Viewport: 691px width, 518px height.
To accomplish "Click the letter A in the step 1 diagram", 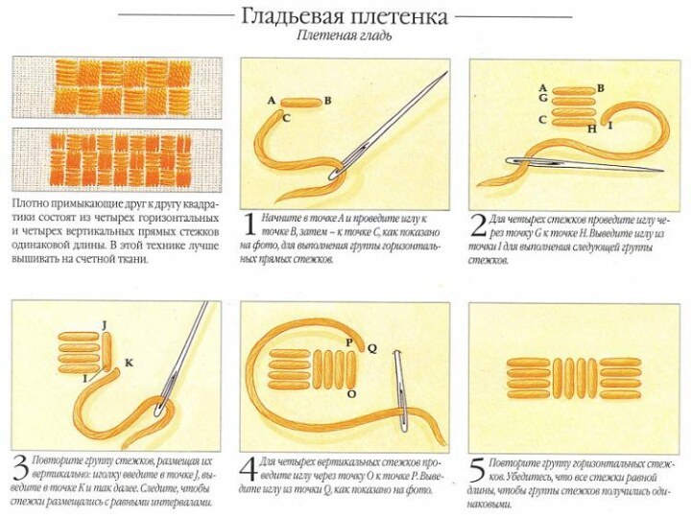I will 272,100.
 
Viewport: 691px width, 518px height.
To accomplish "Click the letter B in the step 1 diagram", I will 327,100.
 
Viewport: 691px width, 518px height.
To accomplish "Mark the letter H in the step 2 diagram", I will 591,129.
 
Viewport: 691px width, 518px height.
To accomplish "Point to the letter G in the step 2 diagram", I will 542,98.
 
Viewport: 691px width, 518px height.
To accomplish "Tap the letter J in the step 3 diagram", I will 103,325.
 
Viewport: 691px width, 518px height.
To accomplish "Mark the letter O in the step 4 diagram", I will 351,393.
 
